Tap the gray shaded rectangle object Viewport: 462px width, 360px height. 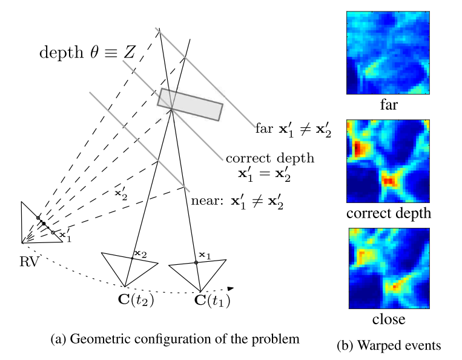click(x=190, y=104)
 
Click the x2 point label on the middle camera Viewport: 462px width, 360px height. click(x=140, y=253)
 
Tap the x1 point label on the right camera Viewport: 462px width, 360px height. click(x=205, y=256)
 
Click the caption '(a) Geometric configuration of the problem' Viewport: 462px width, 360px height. click(x=174, y=338)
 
